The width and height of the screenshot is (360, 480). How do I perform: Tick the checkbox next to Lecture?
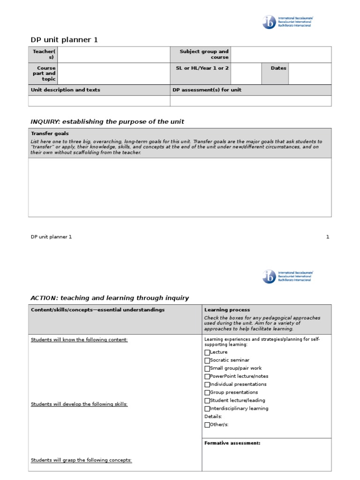coord(207,352)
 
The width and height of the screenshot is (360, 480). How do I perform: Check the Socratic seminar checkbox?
coord(207,360)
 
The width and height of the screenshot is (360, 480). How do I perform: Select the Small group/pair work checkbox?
coord(207,368)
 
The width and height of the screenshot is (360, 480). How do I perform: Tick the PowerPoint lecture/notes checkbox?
coord(207,376)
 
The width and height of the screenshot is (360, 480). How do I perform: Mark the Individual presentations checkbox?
coord(207,384)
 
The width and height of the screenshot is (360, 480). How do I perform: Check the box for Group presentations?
coord(207,392)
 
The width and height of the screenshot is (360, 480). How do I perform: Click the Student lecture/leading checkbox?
coord(207,401)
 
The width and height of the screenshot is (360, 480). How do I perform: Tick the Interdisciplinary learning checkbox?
coord(207,409)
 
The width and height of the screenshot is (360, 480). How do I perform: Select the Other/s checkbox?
coord(207,425)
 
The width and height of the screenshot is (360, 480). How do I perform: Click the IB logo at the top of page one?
coord(270,22)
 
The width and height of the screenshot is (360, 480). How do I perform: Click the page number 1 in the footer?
coord(328,237)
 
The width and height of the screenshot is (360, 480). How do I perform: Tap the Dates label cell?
coord(278,68)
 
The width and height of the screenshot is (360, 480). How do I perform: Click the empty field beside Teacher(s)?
coord(113,54)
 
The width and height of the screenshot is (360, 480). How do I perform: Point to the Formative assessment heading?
coord(232,443)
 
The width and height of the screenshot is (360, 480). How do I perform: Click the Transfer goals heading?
coord(50,134)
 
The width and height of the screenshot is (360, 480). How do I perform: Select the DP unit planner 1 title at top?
coord(64,40)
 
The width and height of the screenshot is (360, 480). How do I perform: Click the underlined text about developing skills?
coord(79,404)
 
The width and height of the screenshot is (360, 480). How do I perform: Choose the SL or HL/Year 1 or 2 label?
coord(202,68)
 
